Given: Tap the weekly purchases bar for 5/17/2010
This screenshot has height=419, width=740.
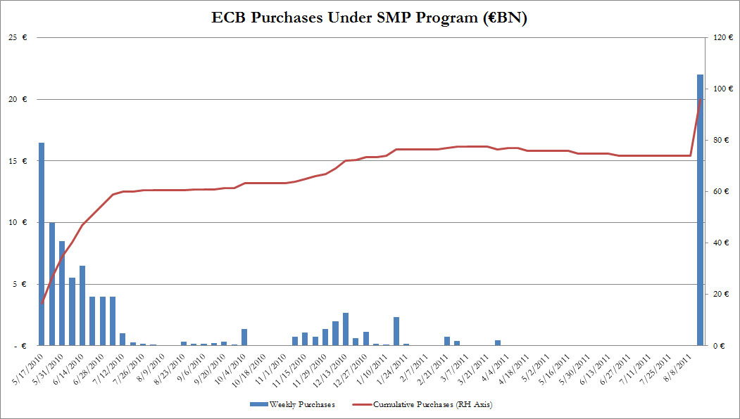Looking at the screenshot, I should (42, 244).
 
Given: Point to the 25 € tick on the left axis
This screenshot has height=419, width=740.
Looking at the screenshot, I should (15, 37).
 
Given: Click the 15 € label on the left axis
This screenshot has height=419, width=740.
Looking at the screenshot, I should (15, 161).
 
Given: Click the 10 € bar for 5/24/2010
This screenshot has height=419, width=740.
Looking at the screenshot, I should (52, 284).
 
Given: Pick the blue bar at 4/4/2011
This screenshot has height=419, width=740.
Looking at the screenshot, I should (498, 343).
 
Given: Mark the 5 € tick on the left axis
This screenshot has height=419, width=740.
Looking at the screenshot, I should (17, 284).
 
